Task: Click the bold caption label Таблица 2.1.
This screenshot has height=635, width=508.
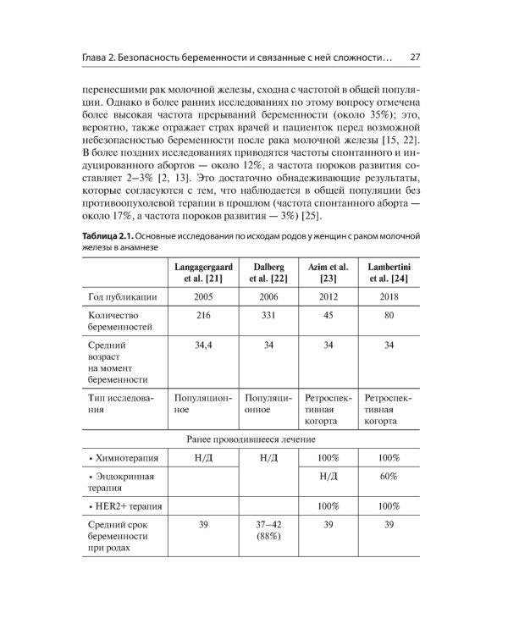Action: (x=112, y=235)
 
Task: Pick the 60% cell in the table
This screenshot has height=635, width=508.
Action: (x=389, y=477)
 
